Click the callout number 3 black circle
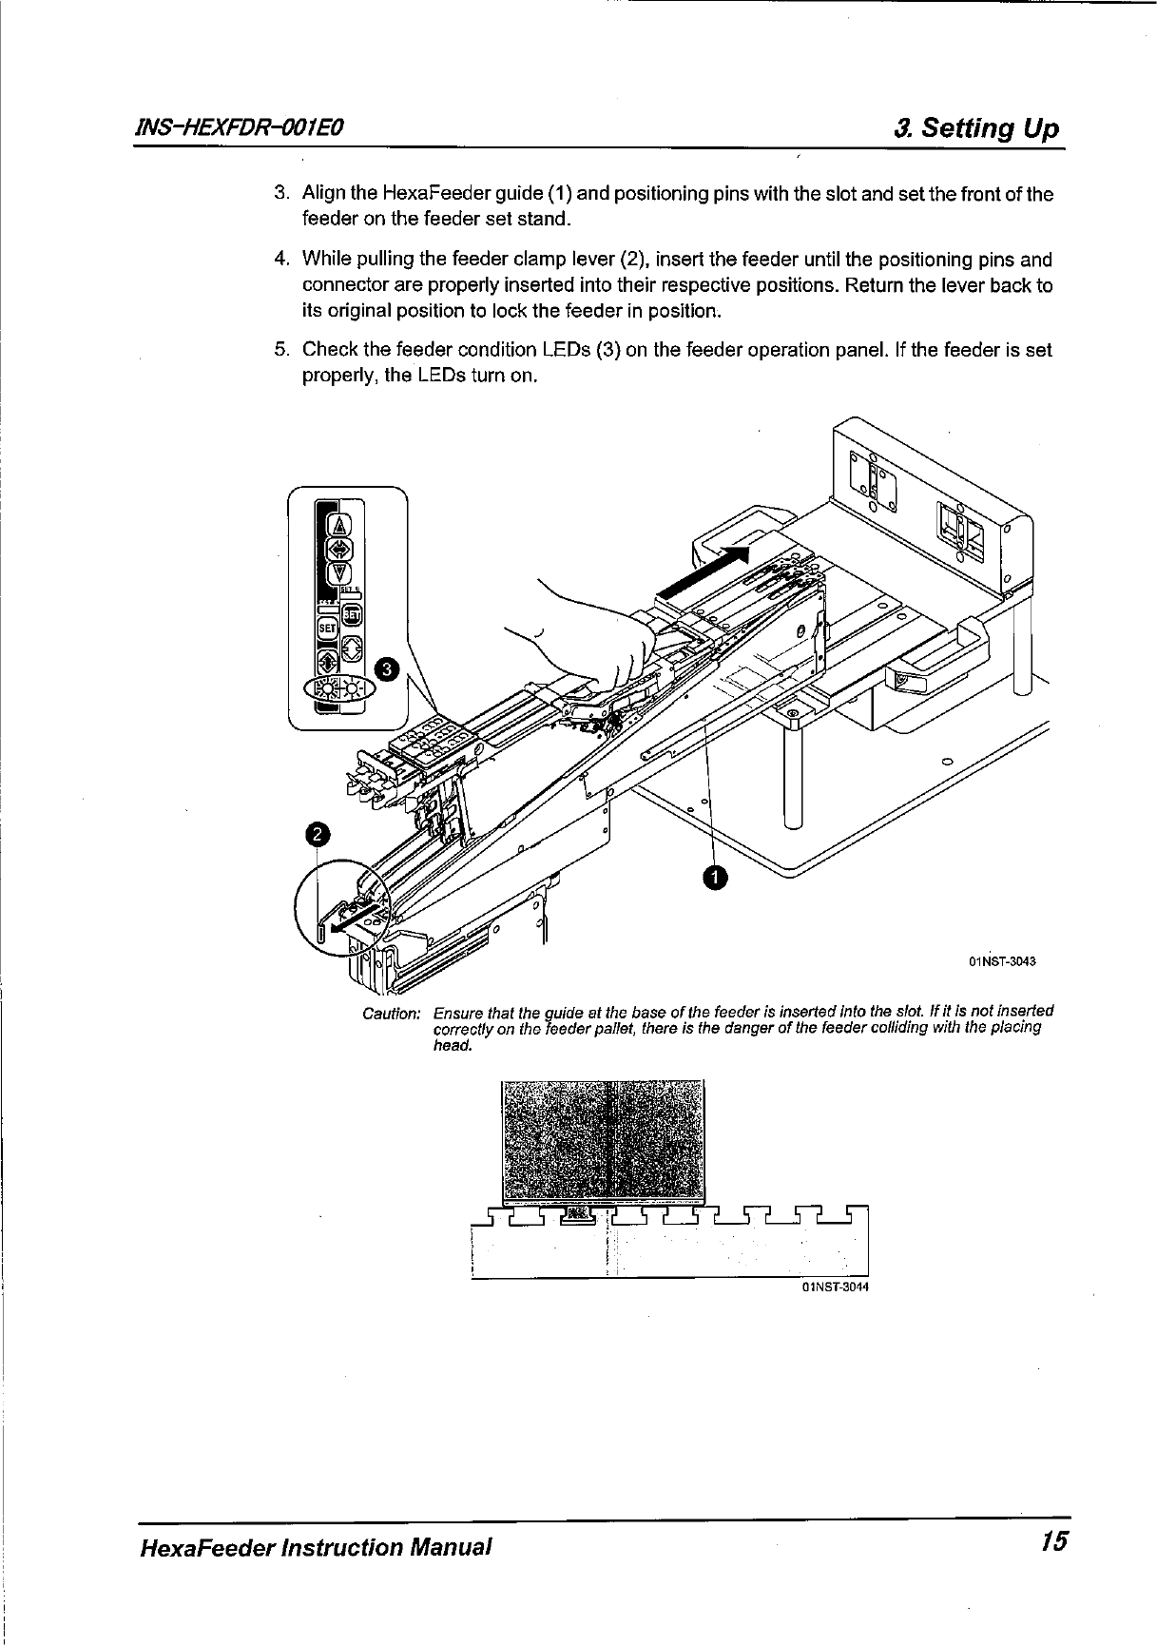(x=387, y=669)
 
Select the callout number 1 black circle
(x=715, y=877)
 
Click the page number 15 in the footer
(x=1053, y=1542)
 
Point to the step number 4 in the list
(x=281, y=260)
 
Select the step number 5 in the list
(x=281, y=350)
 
